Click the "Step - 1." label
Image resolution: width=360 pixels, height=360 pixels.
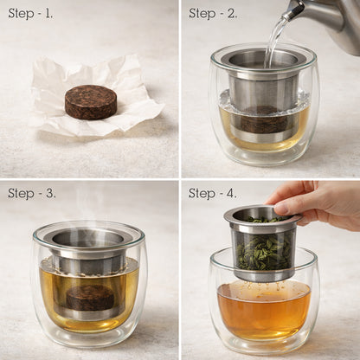pos(30,13)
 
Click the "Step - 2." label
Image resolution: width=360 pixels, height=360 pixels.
pos(213,13)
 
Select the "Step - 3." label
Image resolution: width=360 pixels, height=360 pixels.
pos(32,193)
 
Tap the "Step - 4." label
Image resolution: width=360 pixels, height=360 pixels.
pos(213,193)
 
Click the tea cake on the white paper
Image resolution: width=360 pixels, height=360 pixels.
pos(91,101)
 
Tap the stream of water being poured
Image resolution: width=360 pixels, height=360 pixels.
pos(276,39)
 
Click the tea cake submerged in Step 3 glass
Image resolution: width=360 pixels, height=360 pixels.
pos(89,298)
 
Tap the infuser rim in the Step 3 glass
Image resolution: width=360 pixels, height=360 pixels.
pos(88,234)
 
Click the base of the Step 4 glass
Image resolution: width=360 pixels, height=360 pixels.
pos(263,346)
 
